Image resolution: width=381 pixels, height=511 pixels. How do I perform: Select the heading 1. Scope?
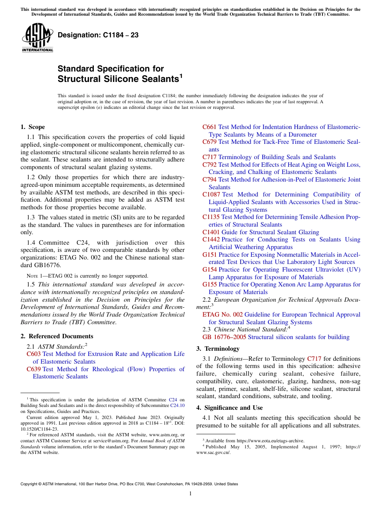click(x=32, y=127)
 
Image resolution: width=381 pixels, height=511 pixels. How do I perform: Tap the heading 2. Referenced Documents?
click(x=57, y=336)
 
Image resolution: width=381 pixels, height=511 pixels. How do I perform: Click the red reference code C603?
click(x=34, y=354)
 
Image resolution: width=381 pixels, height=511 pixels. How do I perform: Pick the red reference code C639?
click(x=34, y=369)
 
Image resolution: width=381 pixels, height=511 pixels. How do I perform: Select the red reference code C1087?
click(x=211, y=194)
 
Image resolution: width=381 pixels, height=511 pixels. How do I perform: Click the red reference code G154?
click(x=210, y=270)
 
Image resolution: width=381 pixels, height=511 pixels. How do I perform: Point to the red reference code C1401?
click(x=211, y=232)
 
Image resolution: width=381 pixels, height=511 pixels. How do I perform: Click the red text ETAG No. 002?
click(x=223, y=315)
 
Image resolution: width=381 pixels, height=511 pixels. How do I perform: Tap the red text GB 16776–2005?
click(x=224, y=337)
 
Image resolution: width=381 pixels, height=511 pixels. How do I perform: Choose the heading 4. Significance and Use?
click(x=229, y=408)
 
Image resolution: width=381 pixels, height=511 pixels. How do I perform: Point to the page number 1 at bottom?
click(x=190, y=494)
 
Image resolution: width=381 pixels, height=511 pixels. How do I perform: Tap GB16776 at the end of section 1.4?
click(x=50, y=265)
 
